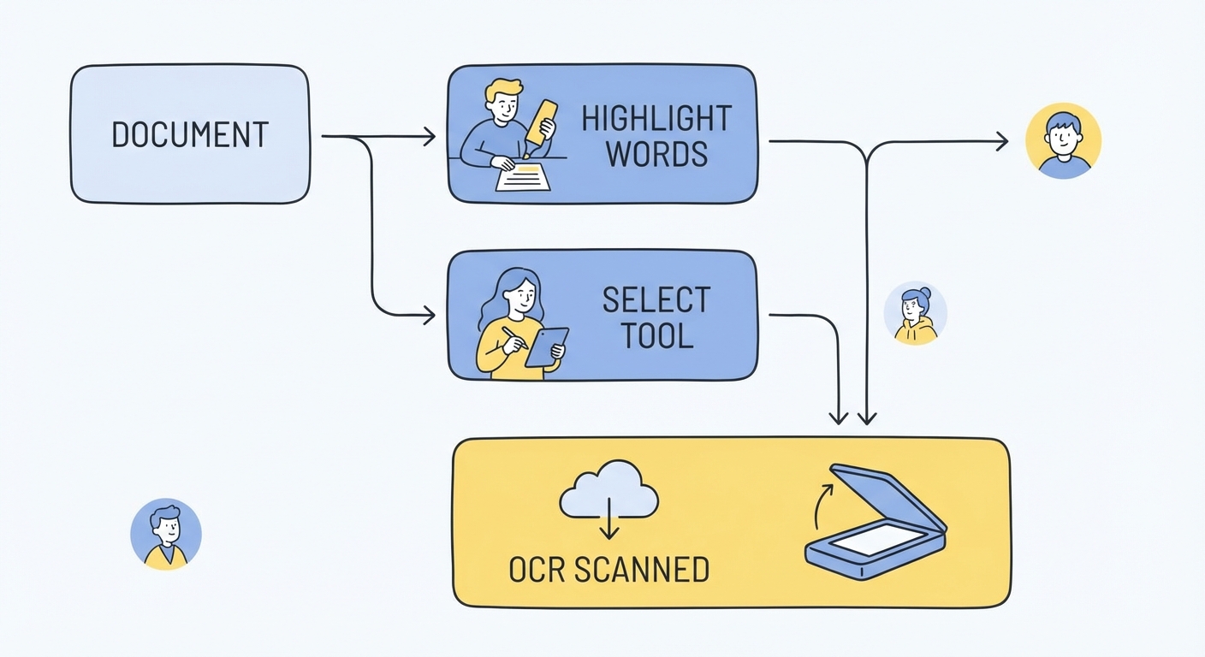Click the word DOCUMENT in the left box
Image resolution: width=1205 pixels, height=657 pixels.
[190, 135]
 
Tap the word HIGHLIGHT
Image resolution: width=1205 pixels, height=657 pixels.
[656, 119]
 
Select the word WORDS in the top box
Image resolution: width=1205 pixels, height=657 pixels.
[656, 155]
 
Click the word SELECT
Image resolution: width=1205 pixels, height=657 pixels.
[656, 300]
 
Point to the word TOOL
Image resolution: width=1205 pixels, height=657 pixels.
[656, 336]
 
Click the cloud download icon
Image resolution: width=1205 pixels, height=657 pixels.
[608, 500]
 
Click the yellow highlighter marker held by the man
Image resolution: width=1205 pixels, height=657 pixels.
[541, 123]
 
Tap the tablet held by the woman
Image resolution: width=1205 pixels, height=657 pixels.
[546, 346]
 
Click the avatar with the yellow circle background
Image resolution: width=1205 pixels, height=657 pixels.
[1063, 141]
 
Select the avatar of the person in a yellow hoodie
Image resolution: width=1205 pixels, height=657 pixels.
[915, 314]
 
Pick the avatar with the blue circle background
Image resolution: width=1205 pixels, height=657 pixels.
[166, 534]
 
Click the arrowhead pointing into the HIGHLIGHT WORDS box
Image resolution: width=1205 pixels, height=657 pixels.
[429, 136]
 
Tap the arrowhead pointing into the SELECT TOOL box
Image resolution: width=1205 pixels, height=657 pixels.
[428, 317]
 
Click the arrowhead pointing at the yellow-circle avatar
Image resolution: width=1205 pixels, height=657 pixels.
[1001, 142]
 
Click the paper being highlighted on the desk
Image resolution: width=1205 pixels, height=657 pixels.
[523, 176]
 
